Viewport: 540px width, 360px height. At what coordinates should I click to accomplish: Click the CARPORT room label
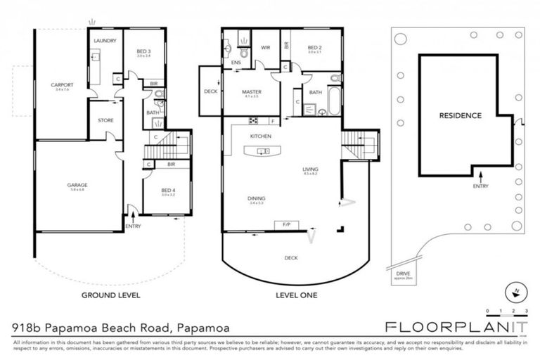click(x=62, y=86)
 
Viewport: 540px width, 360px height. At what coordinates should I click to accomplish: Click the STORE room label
click(x=105, y=120)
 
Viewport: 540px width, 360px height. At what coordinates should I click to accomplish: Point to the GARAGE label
click(x=77, y=185)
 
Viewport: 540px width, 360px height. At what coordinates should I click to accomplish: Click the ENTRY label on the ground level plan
click(x=133, y=226)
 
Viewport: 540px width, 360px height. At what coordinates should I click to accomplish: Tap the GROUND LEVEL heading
click(x=111, y=295)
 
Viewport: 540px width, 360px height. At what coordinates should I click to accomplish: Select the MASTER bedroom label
click(x=251, y=92)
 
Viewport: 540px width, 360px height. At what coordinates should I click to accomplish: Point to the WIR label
click(x=266, y=47)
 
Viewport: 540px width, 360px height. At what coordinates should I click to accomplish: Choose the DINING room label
click(x=257, y=199)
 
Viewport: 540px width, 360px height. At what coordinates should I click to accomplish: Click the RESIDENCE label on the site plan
click(x=460, y=116)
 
